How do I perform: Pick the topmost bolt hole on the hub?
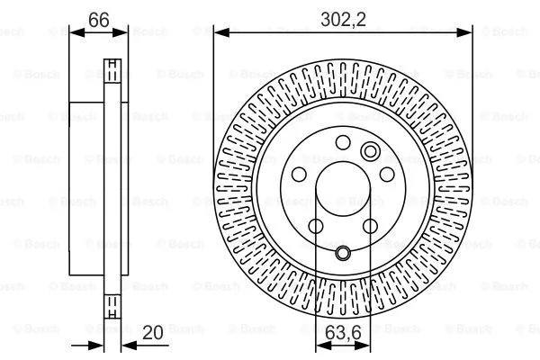pyautogui.click(x=343, y=141)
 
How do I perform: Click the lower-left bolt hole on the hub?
pyautogui.click(x=316, y=225)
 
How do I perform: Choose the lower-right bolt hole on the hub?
pyautogui.click(x=369, y=225)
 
